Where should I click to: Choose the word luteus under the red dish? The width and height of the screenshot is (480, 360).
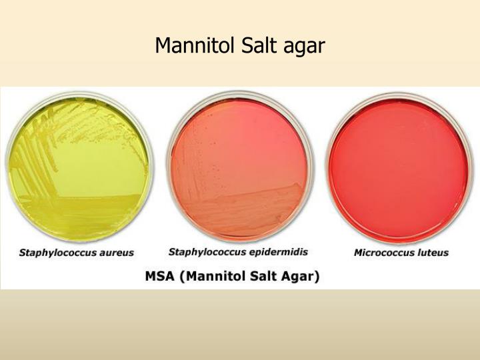click(x=433, y=253)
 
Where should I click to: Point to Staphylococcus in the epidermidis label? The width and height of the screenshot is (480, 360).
click(x=209, y=252)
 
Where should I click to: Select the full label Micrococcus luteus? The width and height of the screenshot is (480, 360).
click(x=400, y=253)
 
